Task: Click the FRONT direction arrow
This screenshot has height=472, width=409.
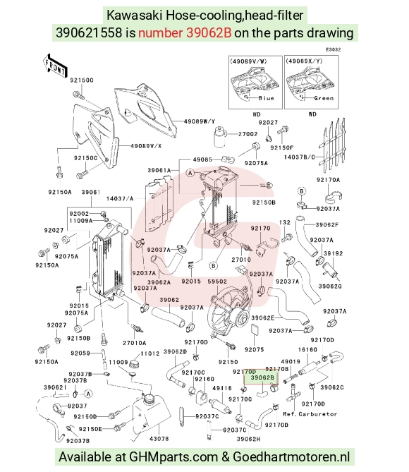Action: point(55,66)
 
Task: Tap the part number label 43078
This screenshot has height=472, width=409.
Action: point(159,439)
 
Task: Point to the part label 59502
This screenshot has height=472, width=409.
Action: point(217,282)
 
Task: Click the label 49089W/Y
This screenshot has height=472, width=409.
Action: point(200,121)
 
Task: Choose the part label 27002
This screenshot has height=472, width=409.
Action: point(248,134)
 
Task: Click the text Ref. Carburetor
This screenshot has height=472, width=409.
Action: point(310,414)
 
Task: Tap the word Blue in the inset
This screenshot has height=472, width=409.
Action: point(266,98)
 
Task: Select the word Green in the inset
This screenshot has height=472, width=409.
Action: point(324,98)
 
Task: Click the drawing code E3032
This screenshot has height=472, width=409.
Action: point(334,49)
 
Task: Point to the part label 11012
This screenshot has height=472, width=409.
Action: point(150,353)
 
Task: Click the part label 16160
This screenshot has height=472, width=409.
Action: point(307,349)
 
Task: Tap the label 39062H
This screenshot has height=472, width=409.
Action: point(248,439)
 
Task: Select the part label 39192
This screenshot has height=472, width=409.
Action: point(333,253)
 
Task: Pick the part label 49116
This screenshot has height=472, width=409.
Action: point(222,388)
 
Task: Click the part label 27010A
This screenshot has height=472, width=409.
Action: point(135,343)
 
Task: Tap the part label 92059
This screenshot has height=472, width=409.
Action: point(80,353)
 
